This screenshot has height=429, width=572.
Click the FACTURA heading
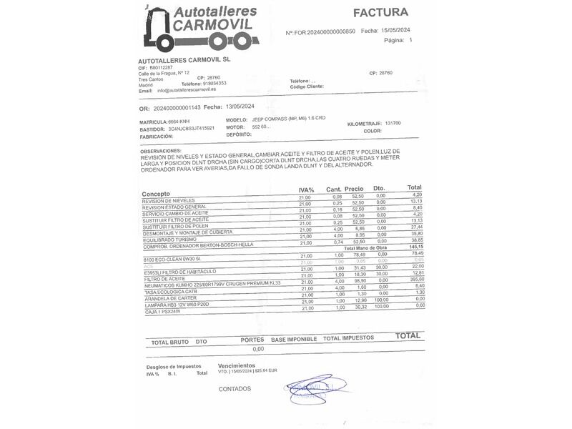pos(380,12)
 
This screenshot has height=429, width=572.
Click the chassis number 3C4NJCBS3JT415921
pos(191,128)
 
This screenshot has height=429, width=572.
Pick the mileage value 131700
pos(393,123)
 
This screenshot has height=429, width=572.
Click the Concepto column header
pos(156,194)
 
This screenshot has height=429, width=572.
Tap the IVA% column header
pos(307,189)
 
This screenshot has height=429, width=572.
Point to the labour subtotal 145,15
pos(416,247)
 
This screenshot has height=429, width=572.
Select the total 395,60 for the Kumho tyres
pos(416,280)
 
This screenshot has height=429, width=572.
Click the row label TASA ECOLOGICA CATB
pos(170,292)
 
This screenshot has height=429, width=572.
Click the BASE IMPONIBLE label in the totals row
pos(293,339)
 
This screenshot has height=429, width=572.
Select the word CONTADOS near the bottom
pos(235,389)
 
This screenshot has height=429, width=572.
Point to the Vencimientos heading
pos(236,365)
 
